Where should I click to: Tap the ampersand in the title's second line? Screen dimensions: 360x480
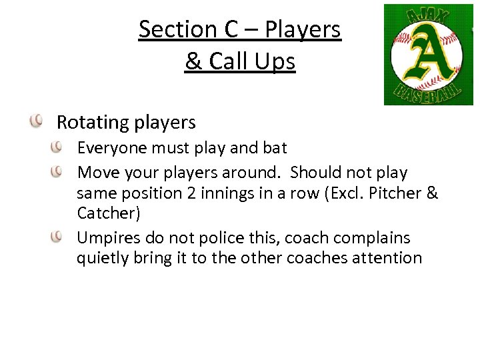click(193, 61)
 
